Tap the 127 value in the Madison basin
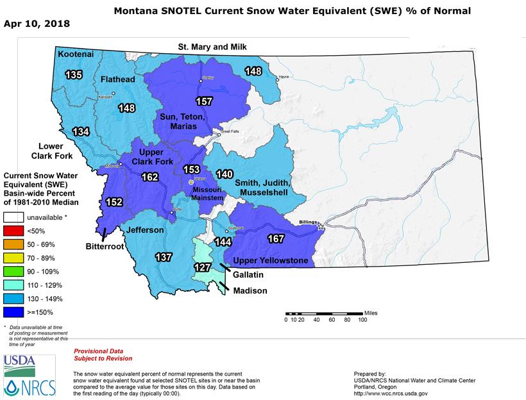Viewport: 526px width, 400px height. click(203, 267)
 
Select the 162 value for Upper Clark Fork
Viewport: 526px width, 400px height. click(149, 177)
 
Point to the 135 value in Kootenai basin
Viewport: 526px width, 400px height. click(74, 75)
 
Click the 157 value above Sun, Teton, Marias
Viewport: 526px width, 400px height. click(204, 102)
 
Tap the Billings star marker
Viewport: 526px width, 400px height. click(321, 226)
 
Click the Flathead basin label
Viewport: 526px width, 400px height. click(117, 79)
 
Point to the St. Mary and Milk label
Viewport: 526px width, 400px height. click(212, 47)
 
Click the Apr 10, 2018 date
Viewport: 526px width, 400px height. click(37, 24)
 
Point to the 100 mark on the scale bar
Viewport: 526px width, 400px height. click(362, 319)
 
